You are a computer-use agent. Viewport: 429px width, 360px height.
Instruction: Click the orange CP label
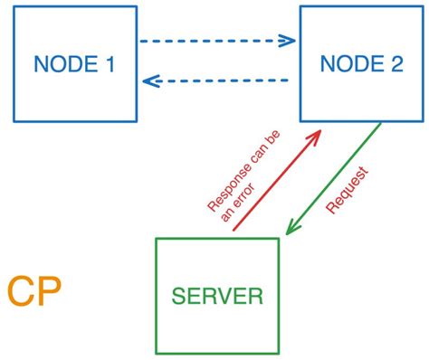(34, 293)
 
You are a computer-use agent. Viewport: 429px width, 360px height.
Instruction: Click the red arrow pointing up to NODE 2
(277, 180)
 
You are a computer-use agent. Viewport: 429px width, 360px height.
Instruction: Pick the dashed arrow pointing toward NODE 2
(217, 41)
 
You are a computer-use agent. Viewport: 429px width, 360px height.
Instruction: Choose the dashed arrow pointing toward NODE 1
(217, 81)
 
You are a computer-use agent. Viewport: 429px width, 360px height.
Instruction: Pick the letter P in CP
(49, 293)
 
